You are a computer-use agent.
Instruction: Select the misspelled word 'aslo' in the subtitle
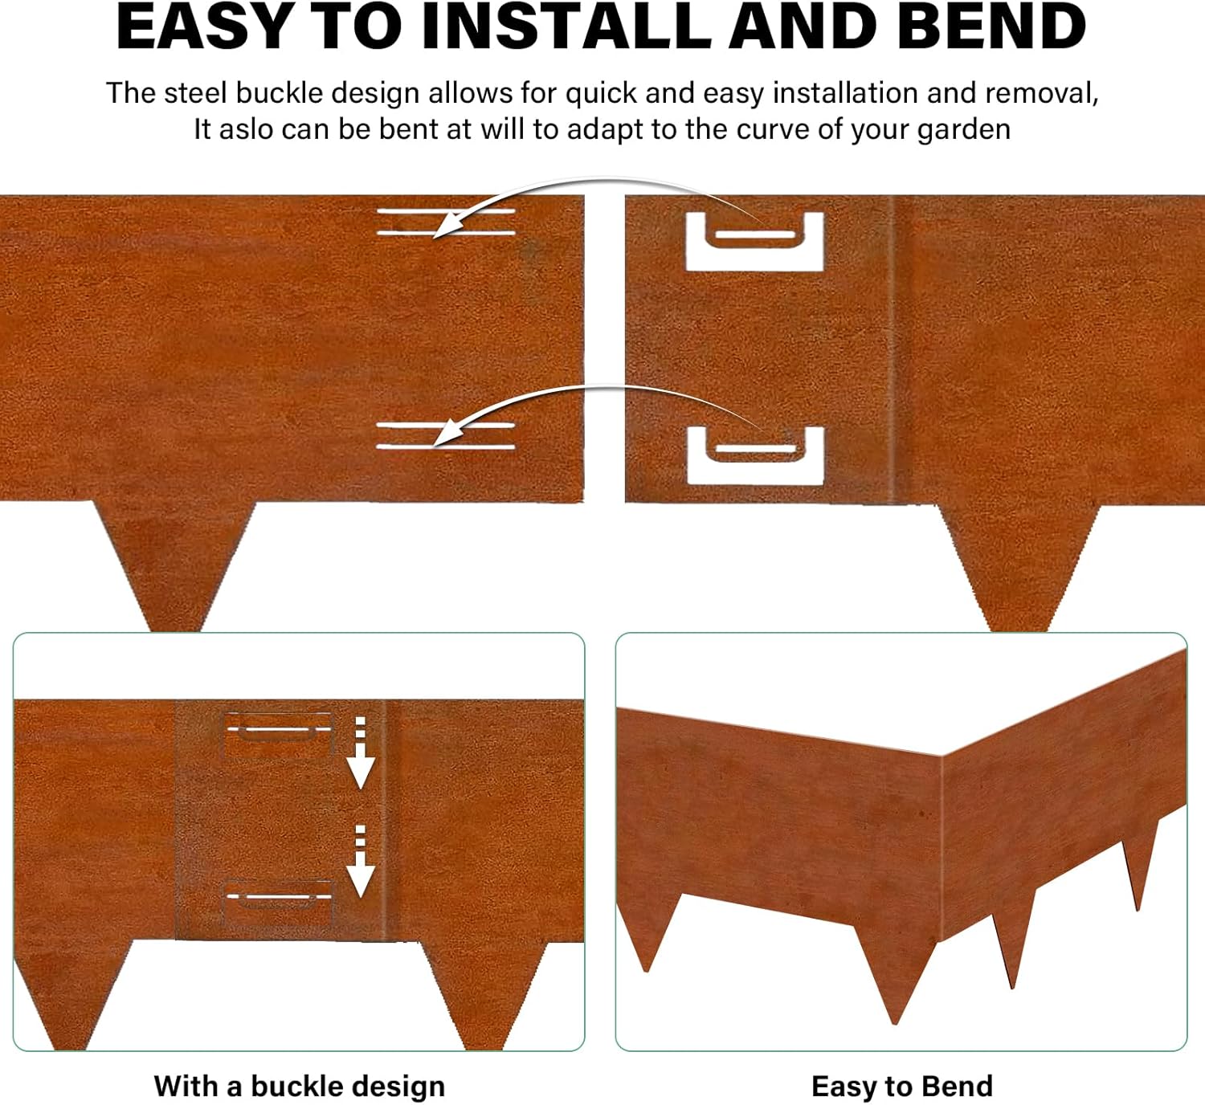[246, 128]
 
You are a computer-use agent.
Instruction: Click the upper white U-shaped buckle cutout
[754, 240]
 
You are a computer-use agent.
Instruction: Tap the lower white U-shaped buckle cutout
[755, 455]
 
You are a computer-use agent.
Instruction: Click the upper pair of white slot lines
[446, 222]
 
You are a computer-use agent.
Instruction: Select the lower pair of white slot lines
[446, 435]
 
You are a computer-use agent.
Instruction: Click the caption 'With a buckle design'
[299, 1086]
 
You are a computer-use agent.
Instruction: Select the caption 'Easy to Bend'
[901, 1086]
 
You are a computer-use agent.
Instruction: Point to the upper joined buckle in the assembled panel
[278, 734]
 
